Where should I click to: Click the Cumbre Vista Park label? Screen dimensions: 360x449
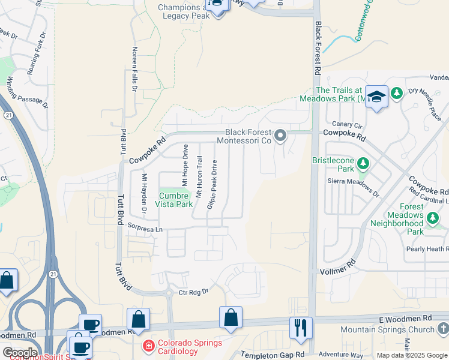coord(175,199)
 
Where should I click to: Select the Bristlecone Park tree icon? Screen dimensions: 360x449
coord(363,163)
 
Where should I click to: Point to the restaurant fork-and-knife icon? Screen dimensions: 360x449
coord(301,327)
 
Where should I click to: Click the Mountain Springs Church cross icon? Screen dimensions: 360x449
coord(442,329)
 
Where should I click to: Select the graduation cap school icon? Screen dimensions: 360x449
coord(376,96)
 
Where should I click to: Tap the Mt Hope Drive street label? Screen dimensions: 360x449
coord(185,164)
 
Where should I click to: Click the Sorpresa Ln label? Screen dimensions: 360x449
coord(145,229)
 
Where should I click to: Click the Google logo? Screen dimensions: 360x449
coord(20,353)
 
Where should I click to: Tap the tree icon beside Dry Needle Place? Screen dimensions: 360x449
coord(396,93)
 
